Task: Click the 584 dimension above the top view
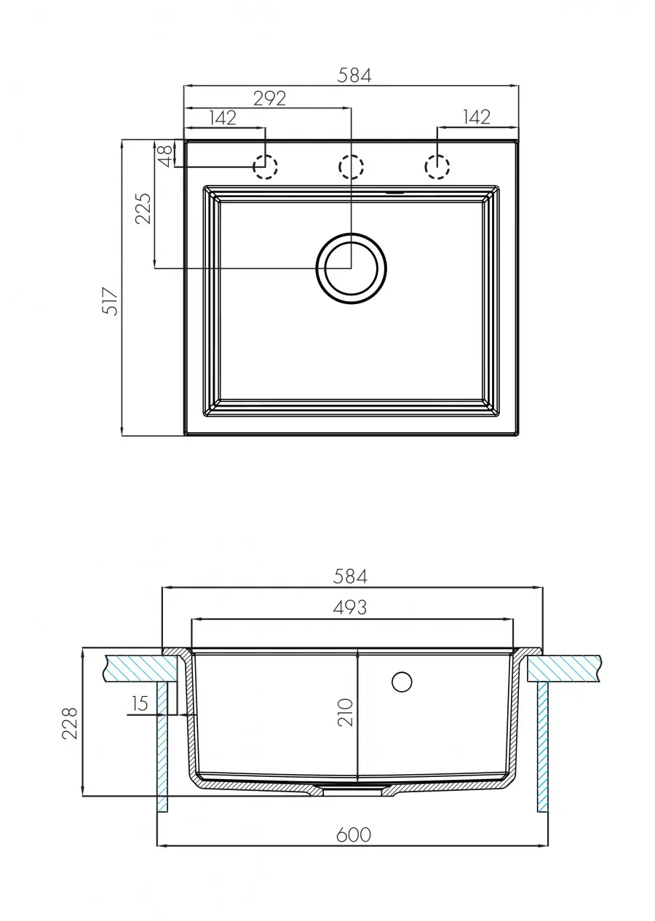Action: [x=354, y=75]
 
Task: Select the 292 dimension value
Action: [x=269, y=98]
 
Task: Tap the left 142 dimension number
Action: [x=223, y=118]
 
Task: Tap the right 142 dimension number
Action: [x=476, y=116]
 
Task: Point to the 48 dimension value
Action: [x=165, y=154]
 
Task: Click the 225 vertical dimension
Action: [x=144, y=208]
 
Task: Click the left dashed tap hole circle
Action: [x=266, y=167]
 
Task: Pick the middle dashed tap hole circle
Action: [x=351, y=167]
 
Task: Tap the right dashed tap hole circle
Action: [x=437, y=167]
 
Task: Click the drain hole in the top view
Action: [x=351, y=268]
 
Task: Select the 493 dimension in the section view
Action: [x=350, y=607]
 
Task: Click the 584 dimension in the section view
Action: [x=350, y=576]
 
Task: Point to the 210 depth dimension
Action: [x=346, y=712]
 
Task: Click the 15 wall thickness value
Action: [x=140, y=703]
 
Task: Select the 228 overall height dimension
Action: [x=70, y=722]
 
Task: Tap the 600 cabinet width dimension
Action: [x=354, y=834]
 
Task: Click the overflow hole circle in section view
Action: [x=402, y=682]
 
